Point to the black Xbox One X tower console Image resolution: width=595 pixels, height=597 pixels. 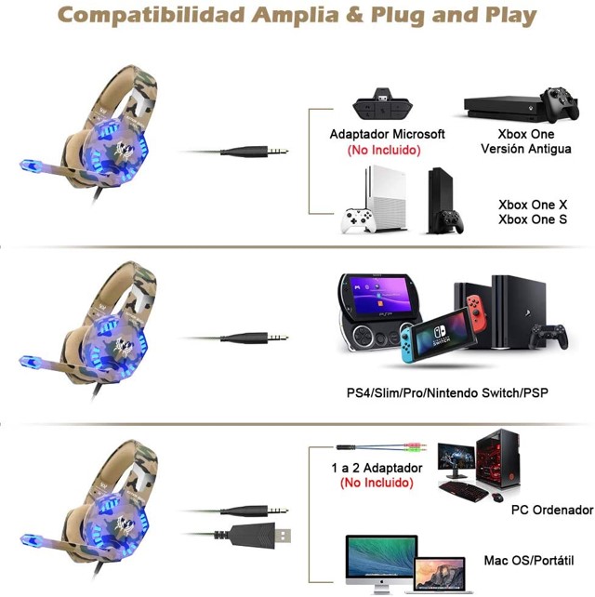439,200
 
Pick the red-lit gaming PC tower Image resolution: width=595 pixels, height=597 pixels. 503,461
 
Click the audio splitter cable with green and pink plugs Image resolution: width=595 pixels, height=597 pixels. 381,448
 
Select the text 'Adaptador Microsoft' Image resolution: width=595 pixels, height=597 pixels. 387,134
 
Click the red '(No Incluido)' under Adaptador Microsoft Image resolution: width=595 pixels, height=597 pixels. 384,150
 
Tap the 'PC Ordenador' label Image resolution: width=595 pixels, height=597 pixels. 551,511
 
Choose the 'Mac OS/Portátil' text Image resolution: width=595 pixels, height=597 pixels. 528,561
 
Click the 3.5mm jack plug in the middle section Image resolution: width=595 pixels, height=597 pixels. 252,338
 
